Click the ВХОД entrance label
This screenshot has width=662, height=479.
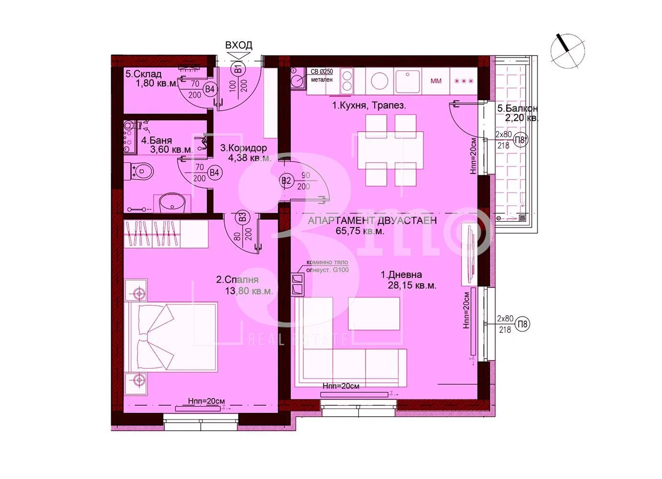239,46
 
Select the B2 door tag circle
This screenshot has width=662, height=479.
286,181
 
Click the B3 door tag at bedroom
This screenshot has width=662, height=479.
243,217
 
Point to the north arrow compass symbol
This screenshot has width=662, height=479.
568,50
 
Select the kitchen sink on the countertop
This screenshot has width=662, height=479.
407,81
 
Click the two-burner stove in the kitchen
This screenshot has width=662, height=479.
346,81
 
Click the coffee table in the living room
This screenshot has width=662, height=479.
374,313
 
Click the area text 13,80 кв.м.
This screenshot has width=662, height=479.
249,291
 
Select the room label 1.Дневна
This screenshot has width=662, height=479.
401,274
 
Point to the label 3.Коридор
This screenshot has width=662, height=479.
243,148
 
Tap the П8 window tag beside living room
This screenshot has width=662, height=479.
523,324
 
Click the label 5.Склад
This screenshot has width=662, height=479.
143,74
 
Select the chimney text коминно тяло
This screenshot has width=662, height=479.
327,262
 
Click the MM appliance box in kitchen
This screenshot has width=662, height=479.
435,81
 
